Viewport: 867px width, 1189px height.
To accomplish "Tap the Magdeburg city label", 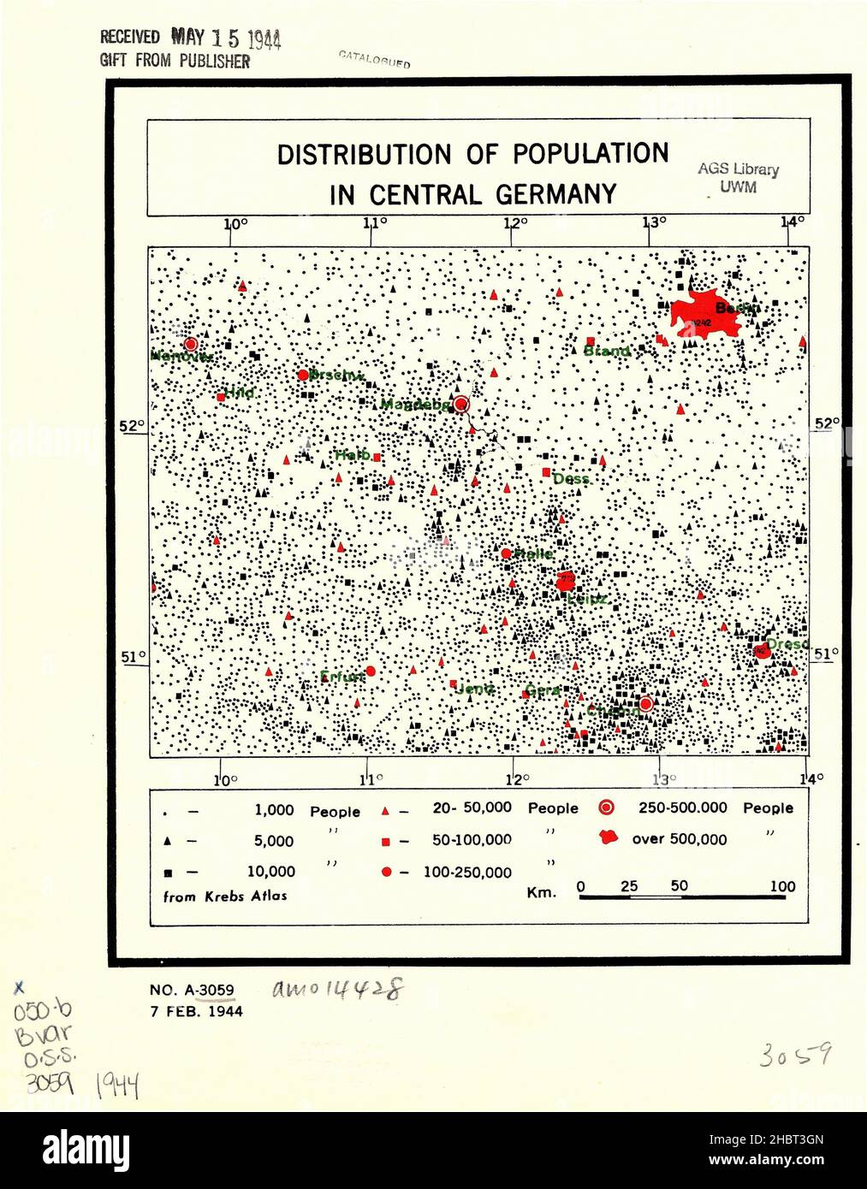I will coord(414,405).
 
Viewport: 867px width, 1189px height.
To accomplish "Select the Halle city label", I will coord(533,554).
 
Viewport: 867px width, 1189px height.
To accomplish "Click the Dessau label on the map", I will coord(571,479).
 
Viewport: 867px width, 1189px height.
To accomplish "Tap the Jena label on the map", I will coord(476,689).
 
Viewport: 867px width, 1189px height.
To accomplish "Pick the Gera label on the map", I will coord(542,689).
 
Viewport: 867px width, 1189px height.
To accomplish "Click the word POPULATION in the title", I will coord(591,154).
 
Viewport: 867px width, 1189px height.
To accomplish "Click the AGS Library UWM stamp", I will coord(738,178).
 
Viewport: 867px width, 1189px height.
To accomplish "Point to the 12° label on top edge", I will coord(514,223).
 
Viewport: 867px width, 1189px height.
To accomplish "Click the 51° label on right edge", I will coord(826,654).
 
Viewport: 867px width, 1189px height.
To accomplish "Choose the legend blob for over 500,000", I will coord(608,837).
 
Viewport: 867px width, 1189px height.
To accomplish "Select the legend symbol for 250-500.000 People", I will coord(606,807).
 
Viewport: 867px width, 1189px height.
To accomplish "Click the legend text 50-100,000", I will coord(472,840).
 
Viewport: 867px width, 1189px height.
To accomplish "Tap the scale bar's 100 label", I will coord(782,886).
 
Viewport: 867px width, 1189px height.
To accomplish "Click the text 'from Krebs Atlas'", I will coord(225,896).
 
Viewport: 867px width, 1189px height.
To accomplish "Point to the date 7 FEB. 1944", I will coord(196,1011).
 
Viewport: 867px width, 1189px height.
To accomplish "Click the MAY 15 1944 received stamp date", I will coord(226,38).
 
